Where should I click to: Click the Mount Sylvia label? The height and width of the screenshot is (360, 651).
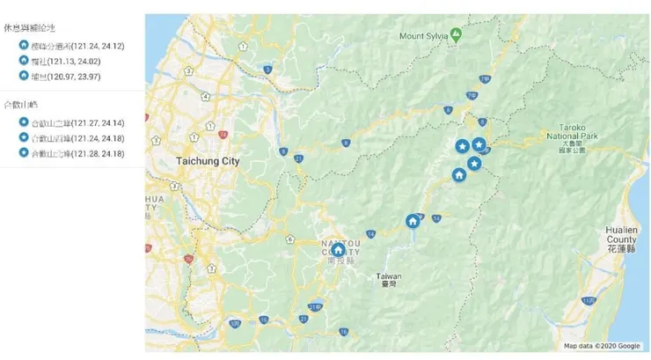[x=423, y=36]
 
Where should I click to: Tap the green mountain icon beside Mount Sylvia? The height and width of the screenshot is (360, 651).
[x=456, y=35]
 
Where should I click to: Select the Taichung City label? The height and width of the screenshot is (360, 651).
[x=207, y=162]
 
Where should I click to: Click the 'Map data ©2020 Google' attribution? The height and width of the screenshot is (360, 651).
[x=602, y=346]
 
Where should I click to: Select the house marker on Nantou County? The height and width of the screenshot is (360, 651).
[x=338, y=250]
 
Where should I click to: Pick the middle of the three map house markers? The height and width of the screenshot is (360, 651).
[x=413, y=221]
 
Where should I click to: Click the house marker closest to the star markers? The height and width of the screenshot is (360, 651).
[x=458, y=175]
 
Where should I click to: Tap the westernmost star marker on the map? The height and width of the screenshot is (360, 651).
[x=463, y=146]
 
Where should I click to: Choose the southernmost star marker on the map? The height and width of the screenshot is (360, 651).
[x=474, y=164]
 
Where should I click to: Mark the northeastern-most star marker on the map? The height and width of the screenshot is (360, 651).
[x=479, y=143]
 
